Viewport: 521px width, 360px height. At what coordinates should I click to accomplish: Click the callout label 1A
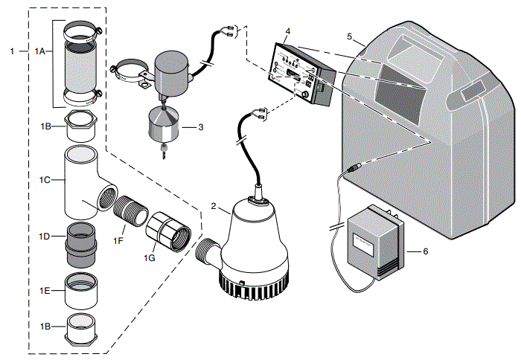41,51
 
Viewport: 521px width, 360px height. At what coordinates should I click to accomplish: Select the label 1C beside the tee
44,179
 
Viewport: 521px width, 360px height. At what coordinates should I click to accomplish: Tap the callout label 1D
44,236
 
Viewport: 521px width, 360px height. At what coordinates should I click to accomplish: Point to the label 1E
44,289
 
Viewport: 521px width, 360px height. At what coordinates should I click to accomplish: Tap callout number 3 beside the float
201,127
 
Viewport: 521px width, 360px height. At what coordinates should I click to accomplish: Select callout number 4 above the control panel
288,31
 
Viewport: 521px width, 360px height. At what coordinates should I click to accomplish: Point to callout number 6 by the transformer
425,251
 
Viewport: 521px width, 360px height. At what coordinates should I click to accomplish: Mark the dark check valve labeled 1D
80,243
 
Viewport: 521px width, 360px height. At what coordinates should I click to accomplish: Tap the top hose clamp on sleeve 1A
81,33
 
